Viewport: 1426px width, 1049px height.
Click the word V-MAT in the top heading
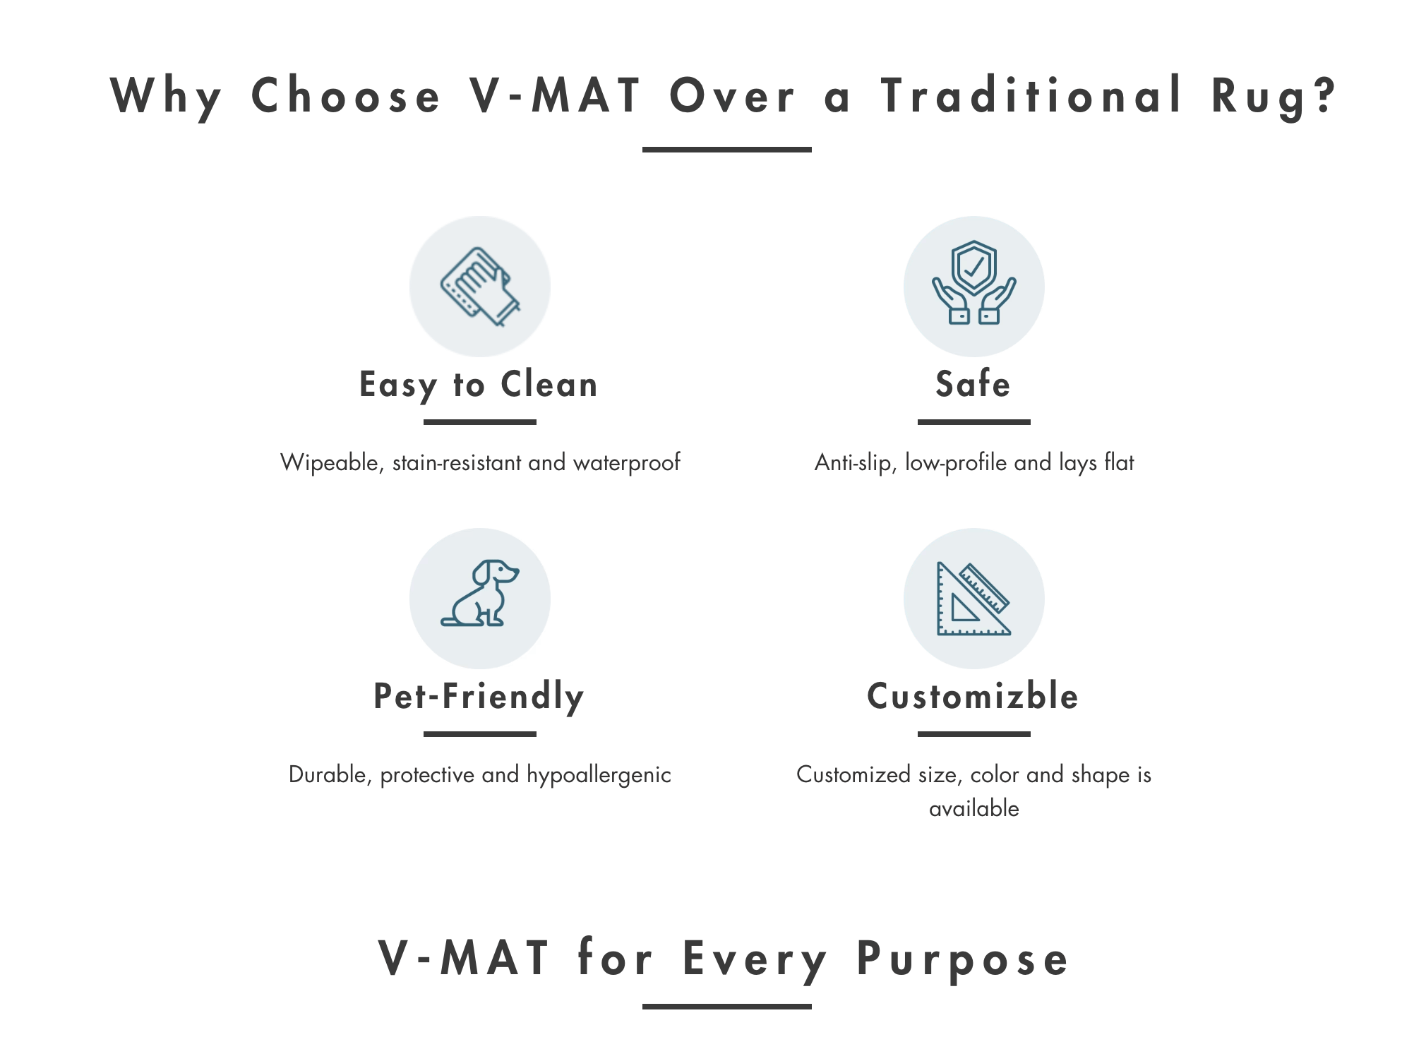click(555, 95)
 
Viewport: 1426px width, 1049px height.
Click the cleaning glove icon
click(480, 287)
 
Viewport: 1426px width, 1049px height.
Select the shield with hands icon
click(974, 282)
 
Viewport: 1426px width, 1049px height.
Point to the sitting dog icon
click(480, 593)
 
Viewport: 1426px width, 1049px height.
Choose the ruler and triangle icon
click(974, 599)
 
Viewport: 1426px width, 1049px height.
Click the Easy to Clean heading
click(479, 386)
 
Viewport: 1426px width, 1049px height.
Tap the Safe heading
click(973, 384)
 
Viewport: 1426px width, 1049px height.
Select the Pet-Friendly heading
click(479, 697)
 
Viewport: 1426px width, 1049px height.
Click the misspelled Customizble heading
click(973, 696)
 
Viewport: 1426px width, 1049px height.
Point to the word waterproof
click(627, 463)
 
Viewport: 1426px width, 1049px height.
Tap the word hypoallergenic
click(599, 775)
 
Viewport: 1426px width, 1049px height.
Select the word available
click(974, 808)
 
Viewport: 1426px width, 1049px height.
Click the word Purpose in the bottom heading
click(963, 960)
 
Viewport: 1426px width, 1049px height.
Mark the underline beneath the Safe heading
click(974, 422)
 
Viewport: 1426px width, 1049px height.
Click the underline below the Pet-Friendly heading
click(480, 734)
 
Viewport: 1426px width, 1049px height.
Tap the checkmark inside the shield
click(974, 267)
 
